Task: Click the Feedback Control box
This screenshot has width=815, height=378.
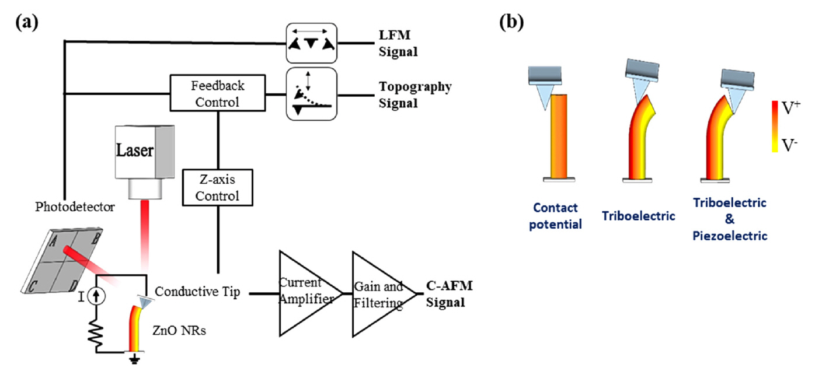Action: [217, 93]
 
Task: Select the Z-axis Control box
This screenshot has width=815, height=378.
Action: [218, 187]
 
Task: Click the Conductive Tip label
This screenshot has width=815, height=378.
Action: [198, 292]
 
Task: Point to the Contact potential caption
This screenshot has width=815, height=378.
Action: [556, 216]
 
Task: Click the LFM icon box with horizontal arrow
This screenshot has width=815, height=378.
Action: [311, 43]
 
